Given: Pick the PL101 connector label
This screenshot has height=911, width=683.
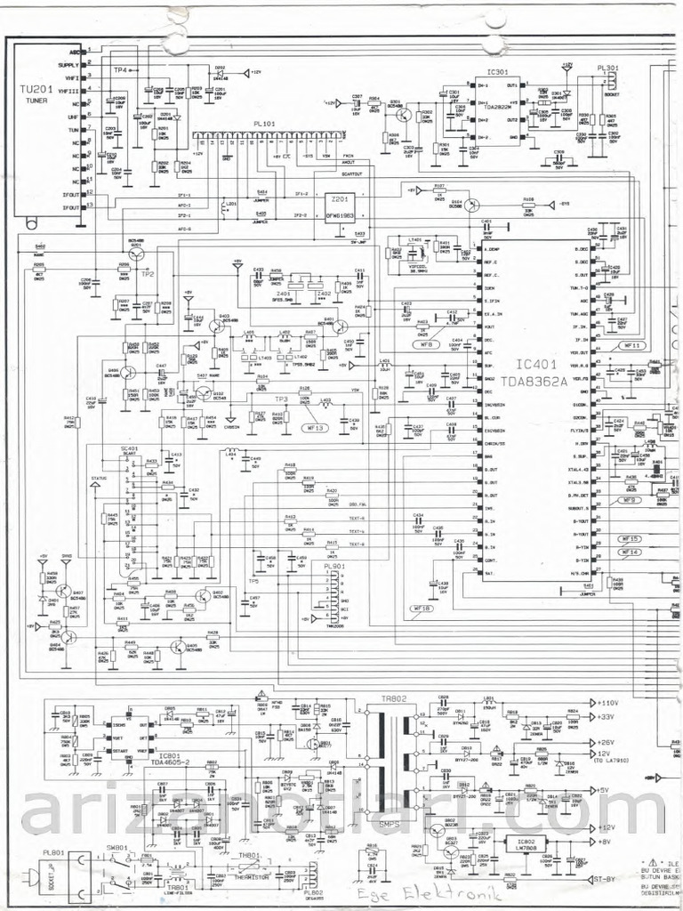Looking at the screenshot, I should (x=264, y=125).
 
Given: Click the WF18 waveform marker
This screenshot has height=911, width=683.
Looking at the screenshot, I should (x=422, y=609).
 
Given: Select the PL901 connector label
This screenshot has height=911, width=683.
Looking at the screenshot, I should (x=333, y=566).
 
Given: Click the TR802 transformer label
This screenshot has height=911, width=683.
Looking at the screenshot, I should (x=392, y=698).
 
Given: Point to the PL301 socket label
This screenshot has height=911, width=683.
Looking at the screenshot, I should (x=608, y=69).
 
